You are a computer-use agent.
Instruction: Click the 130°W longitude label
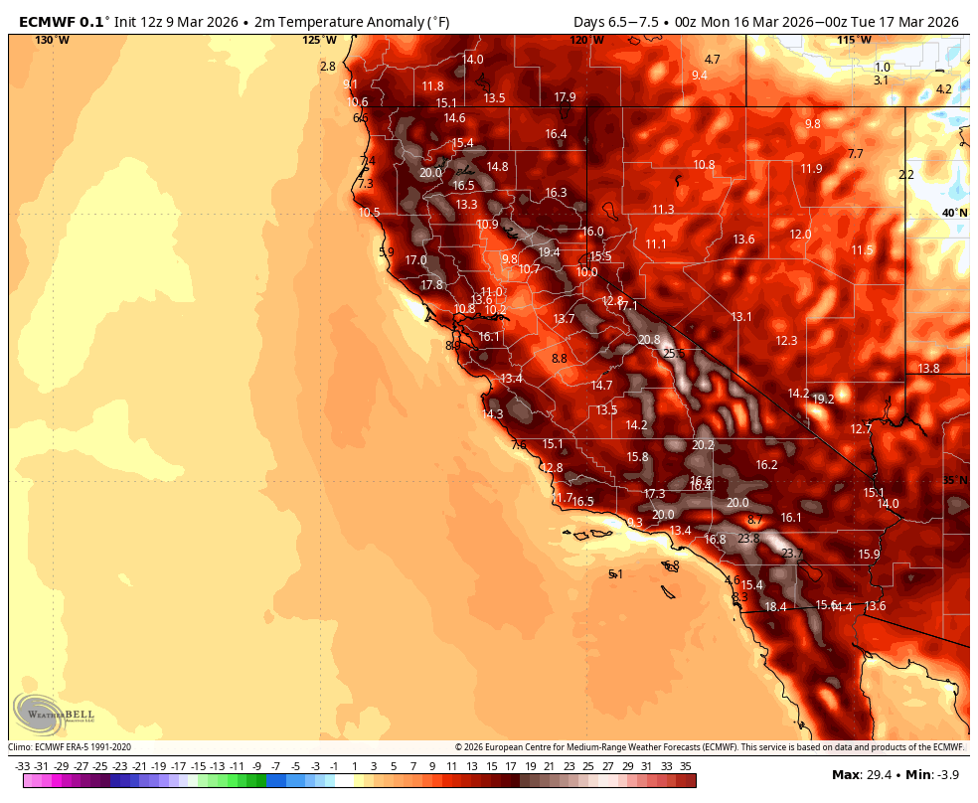tap(52, 40)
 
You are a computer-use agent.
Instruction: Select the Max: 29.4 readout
tap(858, 774)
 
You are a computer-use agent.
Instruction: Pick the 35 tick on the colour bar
tap(685, 765)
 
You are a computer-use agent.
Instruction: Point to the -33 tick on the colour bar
tap(23, 765)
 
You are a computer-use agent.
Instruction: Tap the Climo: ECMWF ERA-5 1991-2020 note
tap(70, 747)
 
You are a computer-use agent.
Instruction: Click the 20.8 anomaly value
tap(649, 340)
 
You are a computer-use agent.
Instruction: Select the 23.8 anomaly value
tap(748, 539)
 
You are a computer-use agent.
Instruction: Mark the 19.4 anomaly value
tap(550, 252)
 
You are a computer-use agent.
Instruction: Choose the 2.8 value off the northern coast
tap(328, 67)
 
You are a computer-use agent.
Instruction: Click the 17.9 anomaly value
tap(565, 97)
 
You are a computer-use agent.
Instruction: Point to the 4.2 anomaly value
tap(944, 89)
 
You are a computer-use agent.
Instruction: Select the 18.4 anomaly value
tap(775, 607)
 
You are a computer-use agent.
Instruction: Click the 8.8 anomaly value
tap(559, 359)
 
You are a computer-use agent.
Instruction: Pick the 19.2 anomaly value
tap(823, 400)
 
